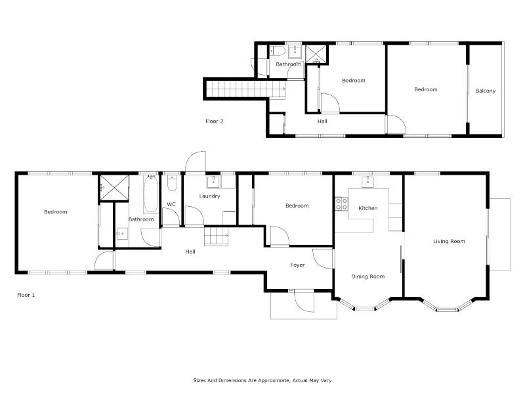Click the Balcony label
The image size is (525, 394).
pos(486,91)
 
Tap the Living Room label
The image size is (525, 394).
pos(449,242)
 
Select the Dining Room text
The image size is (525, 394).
pos(367,276)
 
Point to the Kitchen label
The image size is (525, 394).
pos(367,208)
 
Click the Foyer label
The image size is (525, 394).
pos(298,265)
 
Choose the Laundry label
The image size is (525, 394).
pos(210,196)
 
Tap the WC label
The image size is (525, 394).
pos(171,205)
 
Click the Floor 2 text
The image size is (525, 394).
pos(215,121)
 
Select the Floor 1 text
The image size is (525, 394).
pos(26,295)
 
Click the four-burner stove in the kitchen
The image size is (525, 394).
pos(341,204)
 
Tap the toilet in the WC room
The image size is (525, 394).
pos(171,183)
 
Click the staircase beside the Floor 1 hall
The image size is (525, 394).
pos(216,235)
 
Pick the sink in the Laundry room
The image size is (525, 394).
pos(214,182)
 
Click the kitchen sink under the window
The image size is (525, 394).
pos(367,182)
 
